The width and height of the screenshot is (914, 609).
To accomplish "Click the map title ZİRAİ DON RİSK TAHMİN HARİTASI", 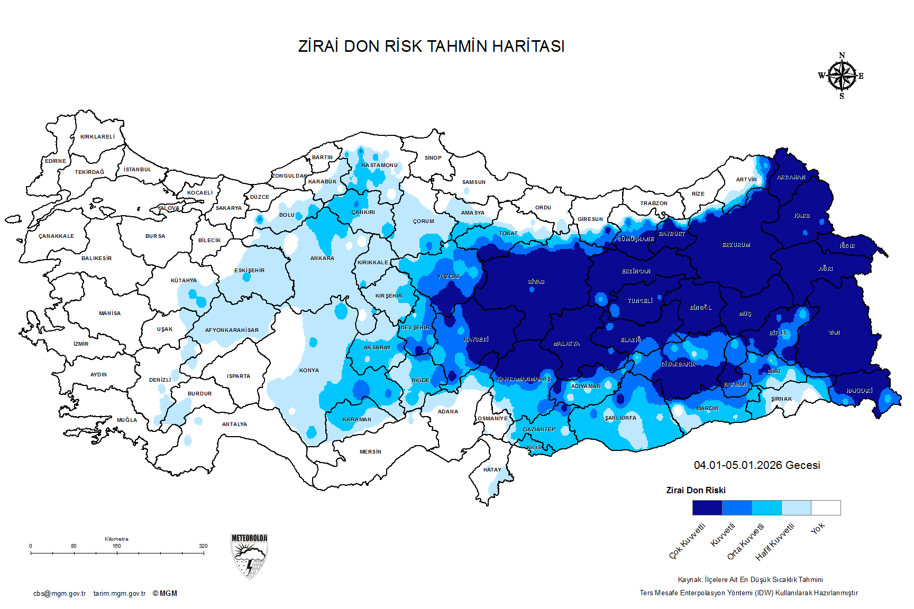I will pos(431,47).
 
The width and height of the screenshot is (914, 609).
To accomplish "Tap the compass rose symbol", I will pos(842,76).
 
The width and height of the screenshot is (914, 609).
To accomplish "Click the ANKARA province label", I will pos(322,259).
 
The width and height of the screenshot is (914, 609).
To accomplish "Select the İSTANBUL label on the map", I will pos(138,170).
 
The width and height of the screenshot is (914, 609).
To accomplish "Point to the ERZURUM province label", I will pos(736,245).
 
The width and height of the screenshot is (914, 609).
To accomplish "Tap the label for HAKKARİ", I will pos(859,391).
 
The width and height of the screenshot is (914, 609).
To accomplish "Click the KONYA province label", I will pos(309,371).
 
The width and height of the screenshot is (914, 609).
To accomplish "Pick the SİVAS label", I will pos(536,282).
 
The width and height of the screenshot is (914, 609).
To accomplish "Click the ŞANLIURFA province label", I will pos(620,418).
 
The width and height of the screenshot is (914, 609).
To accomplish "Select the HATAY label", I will pos(492,470).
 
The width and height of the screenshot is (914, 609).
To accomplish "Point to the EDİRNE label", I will pos(56,161).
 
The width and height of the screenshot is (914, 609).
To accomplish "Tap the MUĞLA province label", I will pos(127,420).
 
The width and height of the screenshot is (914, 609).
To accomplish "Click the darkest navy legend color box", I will pos(707,508).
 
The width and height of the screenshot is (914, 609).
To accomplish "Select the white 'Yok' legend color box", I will pos(826,508).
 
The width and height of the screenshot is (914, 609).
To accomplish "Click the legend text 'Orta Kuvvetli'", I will pos(746,541).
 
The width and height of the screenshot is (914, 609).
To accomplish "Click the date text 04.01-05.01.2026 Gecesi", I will pos(757,465).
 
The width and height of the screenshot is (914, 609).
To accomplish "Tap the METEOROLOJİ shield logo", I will pos(249,556).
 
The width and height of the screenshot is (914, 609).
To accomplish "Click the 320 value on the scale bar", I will pos(203,546).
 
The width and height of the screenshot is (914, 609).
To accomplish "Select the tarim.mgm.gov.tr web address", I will pos(120,594).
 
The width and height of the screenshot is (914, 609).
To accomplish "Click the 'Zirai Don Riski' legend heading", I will pos(696,491).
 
